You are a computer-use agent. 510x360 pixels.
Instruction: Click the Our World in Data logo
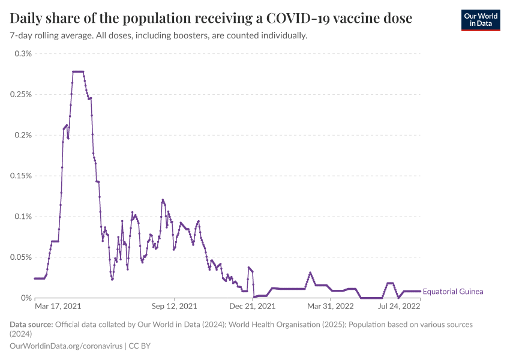[480, 20]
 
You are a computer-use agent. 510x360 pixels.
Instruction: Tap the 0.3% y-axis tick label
[23, 53]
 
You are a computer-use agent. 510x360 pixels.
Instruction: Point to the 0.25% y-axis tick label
[21, 94]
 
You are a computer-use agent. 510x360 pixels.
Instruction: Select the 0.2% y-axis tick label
[23, 135]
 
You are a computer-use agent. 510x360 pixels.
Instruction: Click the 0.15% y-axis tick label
[21, 176]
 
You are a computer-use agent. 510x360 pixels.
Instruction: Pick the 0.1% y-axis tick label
[23, 216]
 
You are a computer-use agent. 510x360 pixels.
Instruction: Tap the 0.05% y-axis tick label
[21, 257]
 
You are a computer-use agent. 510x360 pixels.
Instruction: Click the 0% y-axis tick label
[26, 298]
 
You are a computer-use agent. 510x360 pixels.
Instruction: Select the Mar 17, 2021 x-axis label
[58, 306]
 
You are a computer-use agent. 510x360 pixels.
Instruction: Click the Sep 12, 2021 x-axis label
[175, 306]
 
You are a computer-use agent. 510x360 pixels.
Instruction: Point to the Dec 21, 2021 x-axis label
[253, 306]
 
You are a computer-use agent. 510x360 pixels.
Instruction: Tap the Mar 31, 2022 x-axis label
[331, 306]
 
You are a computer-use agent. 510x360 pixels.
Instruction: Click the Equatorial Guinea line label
[453, 292]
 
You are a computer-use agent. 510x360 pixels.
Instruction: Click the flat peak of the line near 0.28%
[78, 71]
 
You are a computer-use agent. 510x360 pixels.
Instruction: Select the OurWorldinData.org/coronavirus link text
[67, 346]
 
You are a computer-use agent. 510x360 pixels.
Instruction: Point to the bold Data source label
[31, 325]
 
